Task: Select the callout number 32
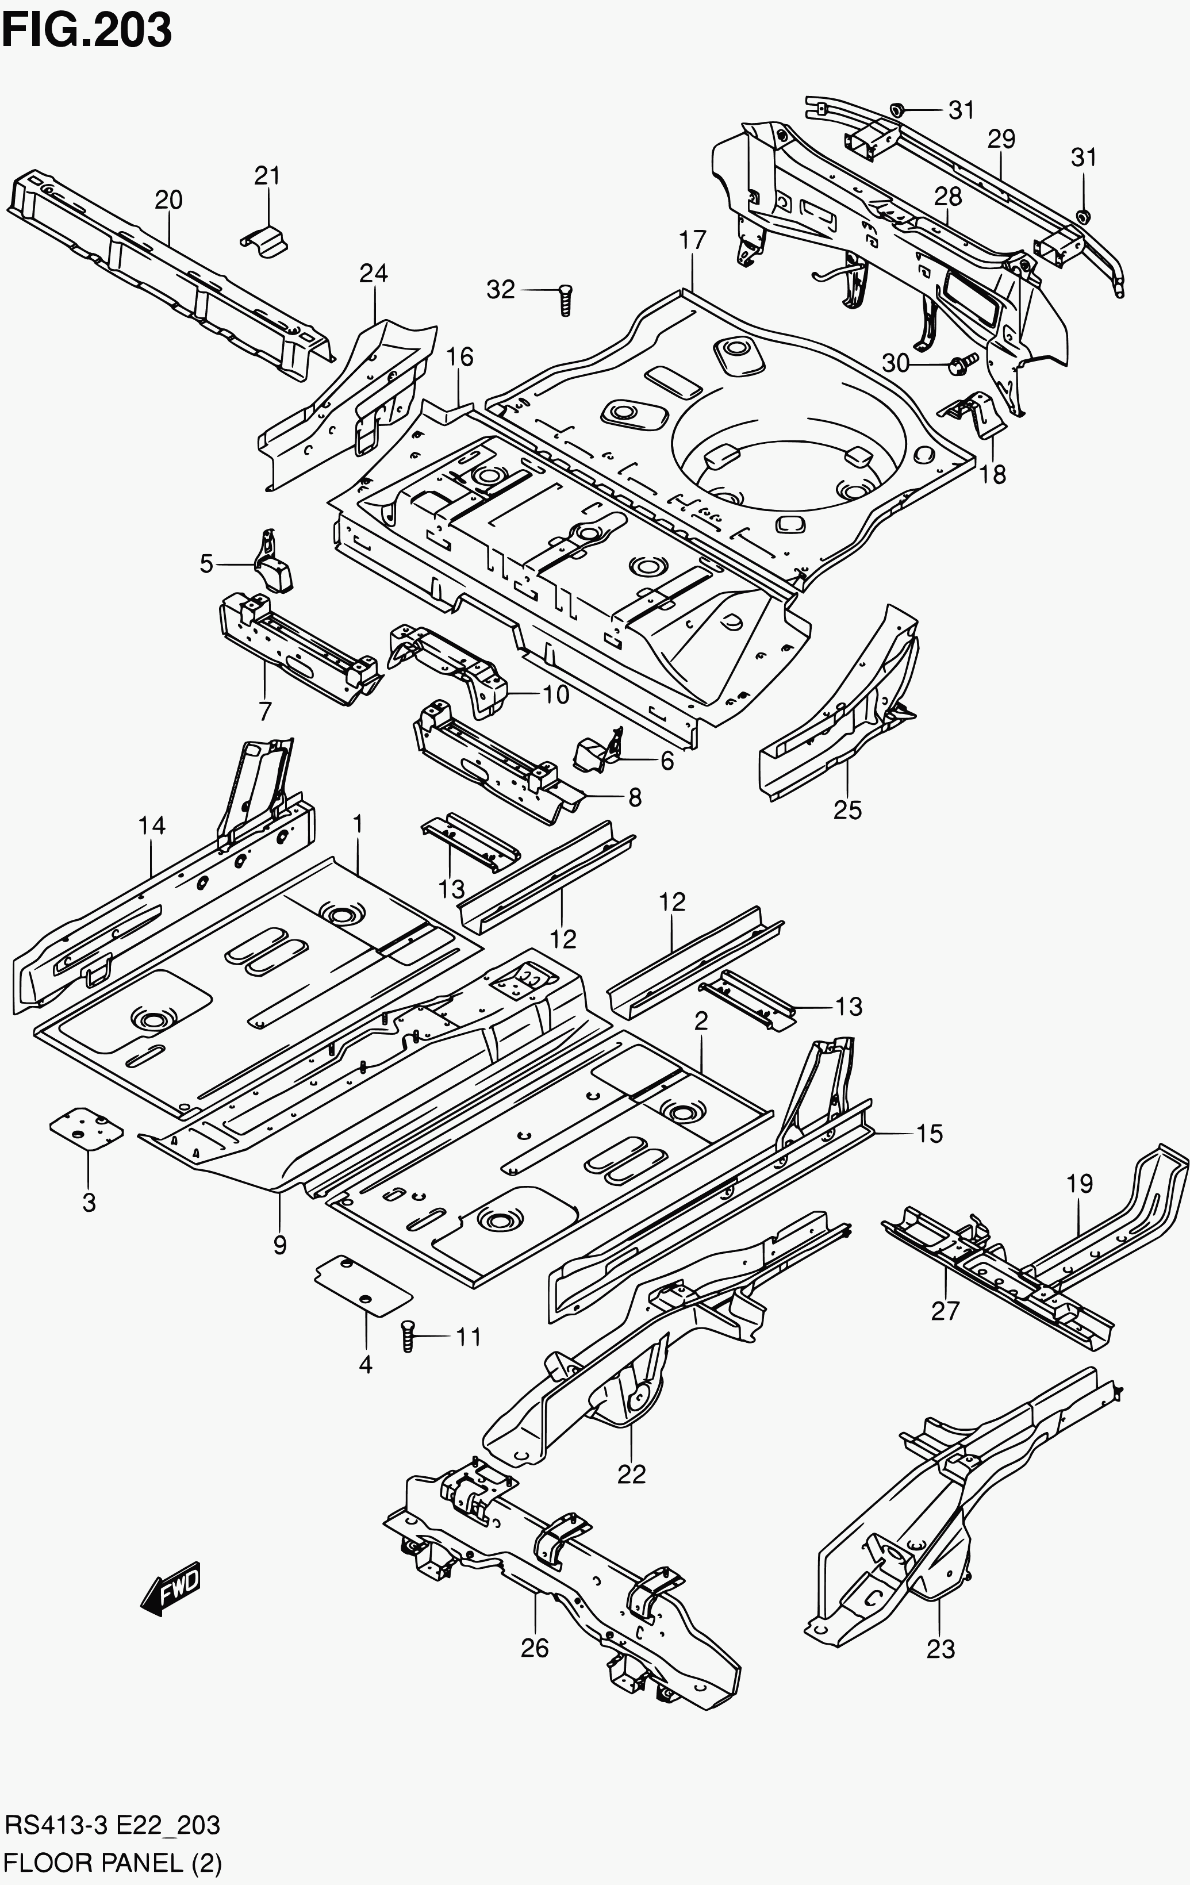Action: coord(501,290)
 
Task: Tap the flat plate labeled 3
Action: coord(86,1128)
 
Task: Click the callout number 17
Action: coord(693,240)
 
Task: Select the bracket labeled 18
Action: coord(974,415)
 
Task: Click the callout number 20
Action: coord(168,201)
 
